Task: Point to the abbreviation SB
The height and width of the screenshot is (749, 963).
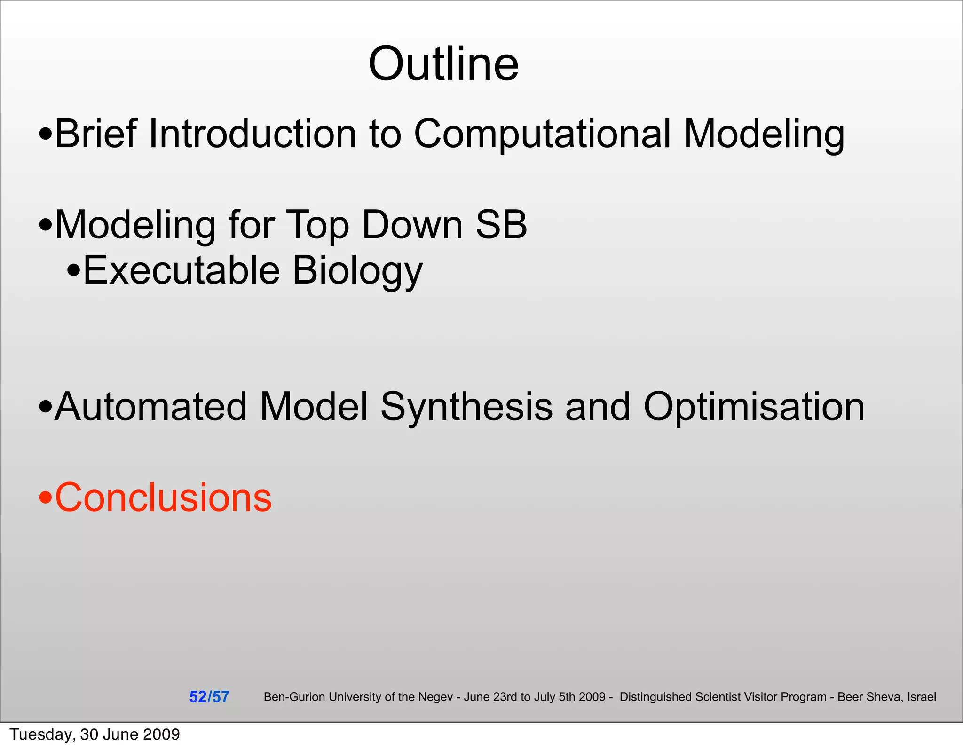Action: point(501,225)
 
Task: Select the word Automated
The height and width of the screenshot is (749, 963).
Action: point(150,407)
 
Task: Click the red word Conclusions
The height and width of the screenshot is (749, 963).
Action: point(163,497)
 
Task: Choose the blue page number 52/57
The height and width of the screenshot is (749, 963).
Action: point(209,697)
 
